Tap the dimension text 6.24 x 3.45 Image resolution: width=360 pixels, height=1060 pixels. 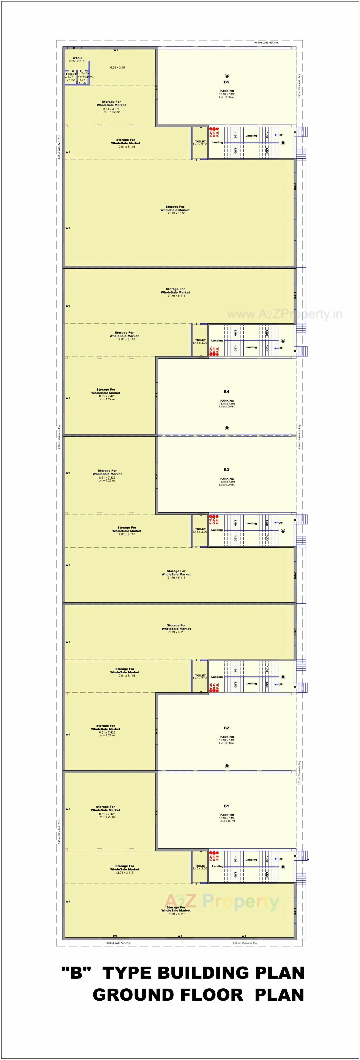(x=118, y=67)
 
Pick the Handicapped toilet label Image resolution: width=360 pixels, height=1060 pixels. (x=85, y=77)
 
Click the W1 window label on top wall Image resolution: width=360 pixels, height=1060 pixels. (x=116, y=50)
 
